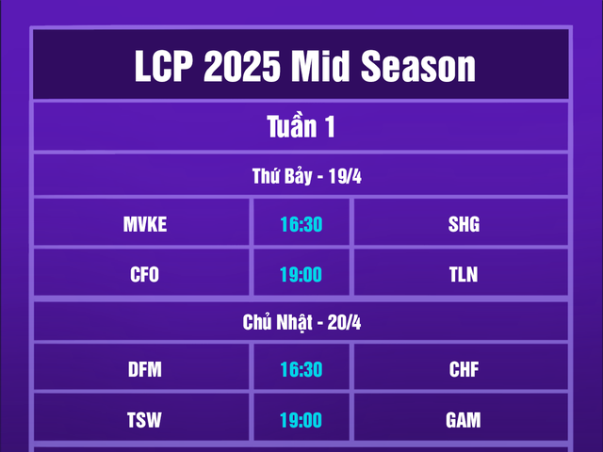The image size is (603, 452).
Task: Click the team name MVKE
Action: [x=144, y=224]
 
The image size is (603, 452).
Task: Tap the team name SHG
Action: [x=464, y=224]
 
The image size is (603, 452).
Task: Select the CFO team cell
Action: [x=144, y=275]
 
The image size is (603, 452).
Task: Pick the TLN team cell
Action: [x=464, y=275]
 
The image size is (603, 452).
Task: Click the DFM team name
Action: [x=144, y=369]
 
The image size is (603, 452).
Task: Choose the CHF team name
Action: [x=464, y=369]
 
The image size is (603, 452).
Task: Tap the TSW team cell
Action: [x=144, y=420]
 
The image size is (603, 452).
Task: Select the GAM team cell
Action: [x=464, y=420]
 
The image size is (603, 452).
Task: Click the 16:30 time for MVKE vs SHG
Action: [x=301, y=224]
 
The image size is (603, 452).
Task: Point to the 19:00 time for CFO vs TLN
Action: [x=301, y=275]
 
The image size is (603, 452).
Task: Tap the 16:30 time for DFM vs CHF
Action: [x=301, y=369]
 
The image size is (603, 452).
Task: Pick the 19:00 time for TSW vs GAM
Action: [x=301, y=420]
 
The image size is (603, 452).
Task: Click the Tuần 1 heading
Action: [x=301, y=127]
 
